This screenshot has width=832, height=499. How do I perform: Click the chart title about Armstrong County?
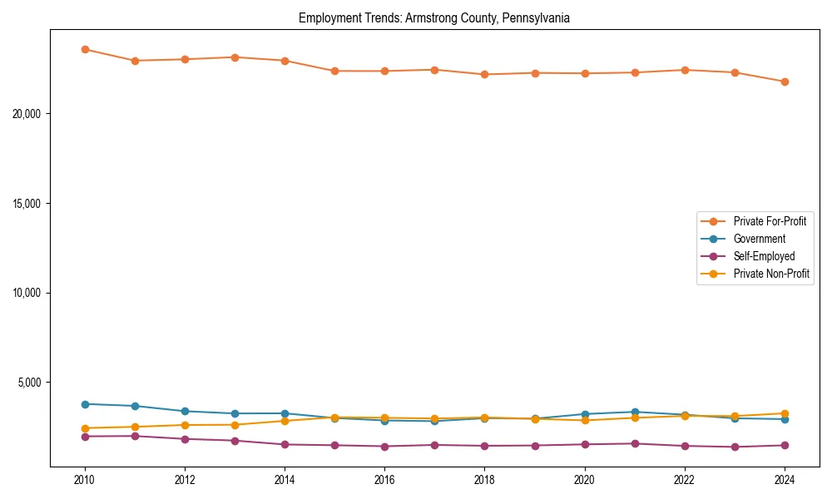(433, 18)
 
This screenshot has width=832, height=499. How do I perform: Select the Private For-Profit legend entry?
(769, 221)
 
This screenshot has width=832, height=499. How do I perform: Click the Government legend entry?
(759, 239)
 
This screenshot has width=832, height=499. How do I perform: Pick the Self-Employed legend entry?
(764, 256)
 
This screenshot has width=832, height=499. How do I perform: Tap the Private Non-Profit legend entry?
(771, 274)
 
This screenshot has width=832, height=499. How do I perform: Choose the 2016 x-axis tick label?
(384, 480)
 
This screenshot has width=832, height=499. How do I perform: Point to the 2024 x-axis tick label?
(785, 480)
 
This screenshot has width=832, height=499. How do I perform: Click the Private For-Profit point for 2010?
(85, 49)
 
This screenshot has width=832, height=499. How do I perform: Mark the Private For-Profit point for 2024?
(785, 82)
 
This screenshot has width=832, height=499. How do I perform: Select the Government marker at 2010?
(85, 404)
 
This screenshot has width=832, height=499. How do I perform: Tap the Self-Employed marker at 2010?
(85, 437)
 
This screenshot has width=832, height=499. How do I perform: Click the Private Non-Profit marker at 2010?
(85, 428)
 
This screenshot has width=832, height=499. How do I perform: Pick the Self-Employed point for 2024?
(785, 445)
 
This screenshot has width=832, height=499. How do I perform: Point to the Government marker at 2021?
(635, 412)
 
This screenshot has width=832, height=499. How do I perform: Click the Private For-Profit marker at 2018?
(484, 75)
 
